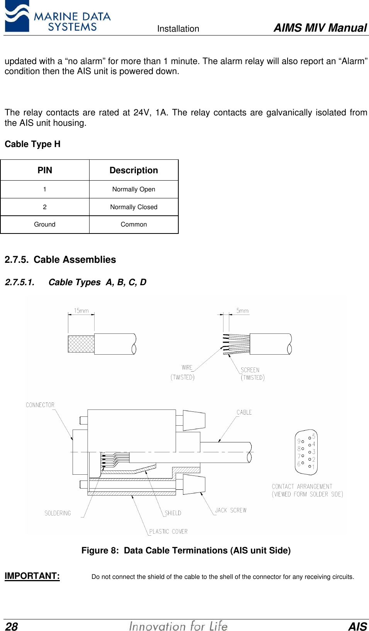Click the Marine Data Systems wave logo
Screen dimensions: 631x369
pos(17,16)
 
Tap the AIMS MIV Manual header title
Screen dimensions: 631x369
pos(320,28)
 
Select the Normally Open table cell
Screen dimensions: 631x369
pos(134,189)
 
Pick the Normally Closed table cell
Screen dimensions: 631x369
pos(134,207)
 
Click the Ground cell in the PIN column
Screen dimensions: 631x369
pos(45,224)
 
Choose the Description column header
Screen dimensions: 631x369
pos(134,170)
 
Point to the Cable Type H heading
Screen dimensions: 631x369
pos(32,144)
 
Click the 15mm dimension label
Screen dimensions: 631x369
pos(81,311)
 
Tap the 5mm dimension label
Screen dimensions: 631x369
pos(242,311)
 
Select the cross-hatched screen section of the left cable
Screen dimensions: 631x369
pos(81,344)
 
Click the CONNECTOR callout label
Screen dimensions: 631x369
pos(40,405)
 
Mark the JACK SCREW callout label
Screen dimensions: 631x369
pos(231,510)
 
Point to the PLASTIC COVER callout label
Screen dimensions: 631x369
pos(168,531)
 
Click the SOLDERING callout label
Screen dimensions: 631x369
pos(58,513)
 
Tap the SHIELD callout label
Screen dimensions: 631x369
pos(173,513)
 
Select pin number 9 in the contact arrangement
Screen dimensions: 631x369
pos(299,441)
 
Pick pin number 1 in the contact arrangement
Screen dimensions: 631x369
pos(313,467)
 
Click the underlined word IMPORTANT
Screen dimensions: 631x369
pos(32,576)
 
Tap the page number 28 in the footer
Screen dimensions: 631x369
pos(12,626)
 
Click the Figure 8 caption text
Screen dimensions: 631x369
pos(186,550)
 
